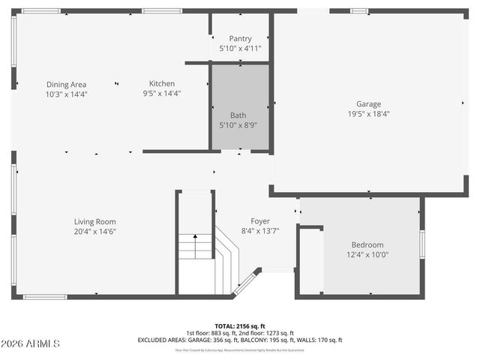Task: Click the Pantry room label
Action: (240, 38)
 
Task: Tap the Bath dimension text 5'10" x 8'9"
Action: (238, 125)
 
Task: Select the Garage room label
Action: (368, 104)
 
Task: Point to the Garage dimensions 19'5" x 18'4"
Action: (368, 114)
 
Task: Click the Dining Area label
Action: (67, 84)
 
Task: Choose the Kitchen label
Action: (162, 84)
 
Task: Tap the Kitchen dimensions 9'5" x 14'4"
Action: (162, 94)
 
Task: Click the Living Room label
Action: (94, 221)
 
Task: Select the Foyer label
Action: (260, 221)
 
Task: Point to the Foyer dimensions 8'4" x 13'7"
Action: (260, 231)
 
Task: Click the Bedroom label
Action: (367, 245)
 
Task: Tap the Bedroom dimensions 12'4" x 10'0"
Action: (367, 255)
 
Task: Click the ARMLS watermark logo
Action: (31, 343)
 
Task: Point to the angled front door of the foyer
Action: (246, 281)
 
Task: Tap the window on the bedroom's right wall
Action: (422, 244)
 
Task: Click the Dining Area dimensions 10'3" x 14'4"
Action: (67, 94)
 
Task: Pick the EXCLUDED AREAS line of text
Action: (240, 340)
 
